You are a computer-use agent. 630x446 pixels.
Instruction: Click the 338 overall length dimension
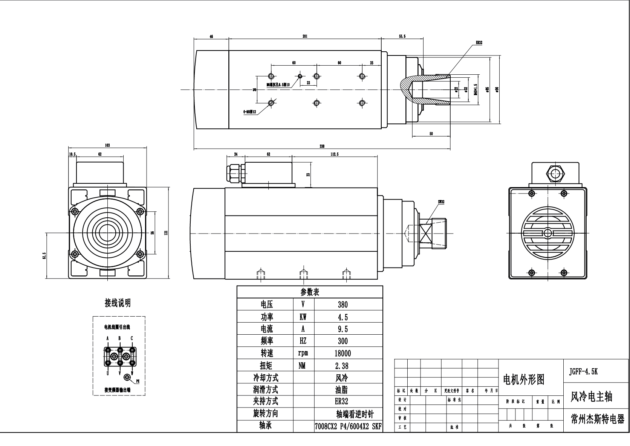click(x=322, y=146)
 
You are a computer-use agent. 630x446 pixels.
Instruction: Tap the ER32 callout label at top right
click(x=479, y=43)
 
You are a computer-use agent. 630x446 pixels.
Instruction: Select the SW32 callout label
click(x=441, y=202)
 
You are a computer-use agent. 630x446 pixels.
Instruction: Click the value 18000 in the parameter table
click(x=343, y=353)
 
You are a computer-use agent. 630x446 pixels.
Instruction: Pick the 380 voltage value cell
click(x=343, y=305)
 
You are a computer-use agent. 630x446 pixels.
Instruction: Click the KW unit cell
click(x=303, y=317)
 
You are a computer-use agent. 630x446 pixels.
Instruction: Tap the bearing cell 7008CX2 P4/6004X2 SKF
click(x=348, y=427)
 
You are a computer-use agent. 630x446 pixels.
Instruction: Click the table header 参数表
click(x=310, y=292)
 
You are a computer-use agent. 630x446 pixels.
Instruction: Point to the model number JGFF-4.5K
click(x=583, y=372)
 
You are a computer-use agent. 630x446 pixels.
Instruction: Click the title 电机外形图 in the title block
click(x=524, y=380)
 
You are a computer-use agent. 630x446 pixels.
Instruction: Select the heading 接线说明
click(x=118, y=303)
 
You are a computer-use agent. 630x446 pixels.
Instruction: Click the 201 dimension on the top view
click(x=305, y=36)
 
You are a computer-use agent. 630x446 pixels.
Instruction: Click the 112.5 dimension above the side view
click(x=334, y=154)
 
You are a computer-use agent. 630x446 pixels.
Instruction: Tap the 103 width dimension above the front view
click(x=107, y=145)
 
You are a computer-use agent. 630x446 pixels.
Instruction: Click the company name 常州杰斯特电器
click(x=597, y=419)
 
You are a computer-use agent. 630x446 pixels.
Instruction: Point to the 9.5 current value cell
click(x=343, y=329)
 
